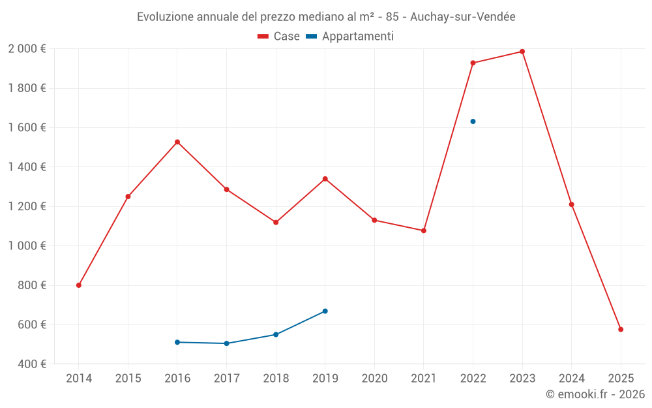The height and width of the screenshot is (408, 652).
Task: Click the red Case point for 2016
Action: coord(177,142)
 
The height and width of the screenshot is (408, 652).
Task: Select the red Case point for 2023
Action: coord(522,52)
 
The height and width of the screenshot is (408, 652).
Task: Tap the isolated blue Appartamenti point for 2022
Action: coord(473,121)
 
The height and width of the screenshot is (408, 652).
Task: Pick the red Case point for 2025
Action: coord(621,330)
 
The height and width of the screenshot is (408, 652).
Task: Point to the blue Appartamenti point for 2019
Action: coord(325,311)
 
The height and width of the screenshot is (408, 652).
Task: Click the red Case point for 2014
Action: coord(79,285)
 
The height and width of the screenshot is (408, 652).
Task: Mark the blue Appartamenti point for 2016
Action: coord(177,342)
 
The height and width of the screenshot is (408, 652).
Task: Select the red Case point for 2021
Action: coord(424,230)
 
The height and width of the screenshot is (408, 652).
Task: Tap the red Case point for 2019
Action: coord(325,179)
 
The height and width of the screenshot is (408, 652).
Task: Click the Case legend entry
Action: coord(278,37)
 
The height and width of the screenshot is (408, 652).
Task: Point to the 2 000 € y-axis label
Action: coord(27,48)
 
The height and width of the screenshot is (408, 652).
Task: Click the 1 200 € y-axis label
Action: coord(27,206)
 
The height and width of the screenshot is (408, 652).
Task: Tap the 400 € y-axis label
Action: coord(31,364)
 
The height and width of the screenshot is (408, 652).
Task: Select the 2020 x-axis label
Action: coord(374,378)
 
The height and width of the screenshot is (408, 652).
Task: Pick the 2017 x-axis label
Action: coord(226,378)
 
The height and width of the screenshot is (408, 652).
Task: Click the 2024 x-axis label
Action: coord(571,378)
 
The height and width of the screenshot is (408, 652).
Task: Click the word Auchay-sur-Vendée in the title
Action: coord(463,17)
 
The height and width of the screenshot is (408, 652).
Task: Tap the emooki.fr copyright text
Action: coord(595,394)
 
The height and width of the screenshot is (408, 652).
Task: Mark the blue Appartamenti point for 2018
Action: coord(276,334)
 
